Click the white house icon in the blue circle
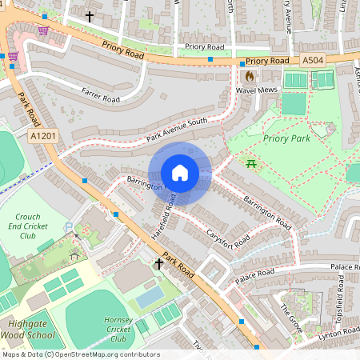pos(180,173)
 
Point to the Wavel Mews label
pos(256,90)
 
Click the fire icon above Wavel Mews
pos(250,77)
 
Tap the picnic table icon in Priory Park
pos(252,163)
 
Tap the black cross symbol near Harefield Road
pos(159,263)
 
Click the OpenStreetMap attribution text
pos(80,354)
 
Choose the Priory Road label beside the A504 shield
pos(267,61)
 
